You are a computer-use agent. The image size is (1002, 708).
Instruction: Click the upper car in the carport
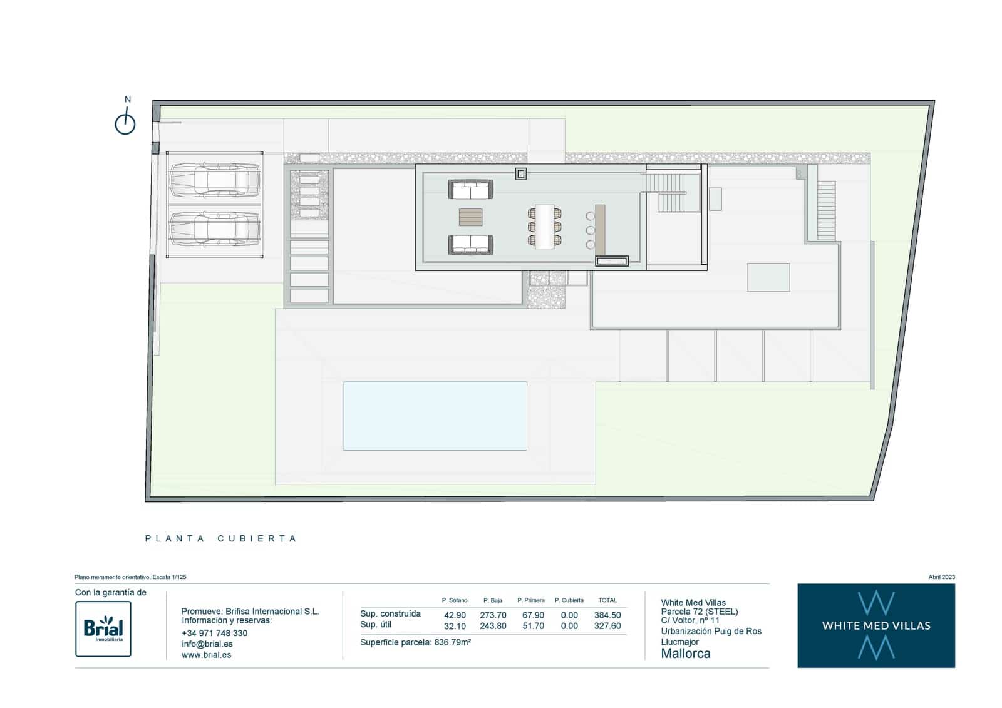coord(215,179)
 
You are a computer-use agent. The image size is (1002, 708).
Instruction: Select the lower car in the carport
coord(215,228)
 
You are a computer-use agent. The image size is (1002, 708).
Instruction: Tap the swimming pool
coord(435,416)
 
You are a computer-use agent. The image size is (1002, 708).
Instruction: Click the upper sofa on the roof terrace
coord(470,190)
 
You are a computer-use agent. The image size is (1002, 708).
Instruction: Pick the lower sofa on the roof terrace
coord(470,245)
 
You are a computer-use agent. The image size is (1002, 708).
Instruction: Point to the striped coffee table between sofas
coord(470,217)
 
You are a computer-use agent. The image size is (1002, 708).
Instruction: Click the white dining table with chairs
coord(545,227)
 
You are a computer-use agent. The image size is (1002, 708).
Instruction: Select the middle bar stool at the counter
coord(590,230)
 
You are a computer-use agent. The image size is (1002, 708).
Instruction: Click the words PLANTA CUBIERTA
coord(220,538)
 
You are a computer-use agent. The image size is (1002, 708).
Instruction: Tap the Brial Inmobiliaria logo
coord(103,628)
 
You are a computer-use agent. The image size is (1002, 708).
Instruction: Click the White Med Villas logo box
coord(875,625)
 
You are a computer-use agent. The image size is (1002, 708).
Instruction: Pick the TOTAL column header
coord(607,600)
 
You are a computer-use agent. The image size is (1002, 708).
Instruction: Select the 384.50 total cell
coord(607,615)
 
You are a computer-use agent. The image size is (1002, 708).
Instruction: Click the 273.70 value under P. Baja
coord(493,615)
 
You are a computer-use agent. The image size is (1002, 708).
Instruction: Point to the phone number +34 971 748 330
coord(214,633)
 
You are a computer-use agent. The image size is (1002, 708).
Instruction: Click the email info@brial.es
coord(207,644)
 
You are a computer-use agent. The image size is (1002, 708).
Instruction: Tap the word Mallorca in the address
coord(685,654)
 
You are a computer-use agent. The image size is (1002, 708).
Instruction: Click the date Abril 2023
coord(941,577)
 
